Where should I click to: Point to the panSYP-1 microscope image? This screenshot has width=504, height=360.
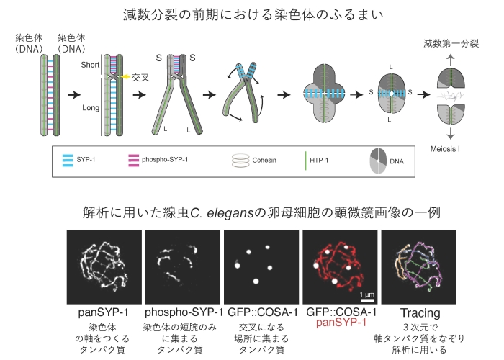click(104, 267)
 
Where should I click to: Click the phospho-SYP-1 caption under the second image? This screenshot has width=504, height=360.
click(182, 312)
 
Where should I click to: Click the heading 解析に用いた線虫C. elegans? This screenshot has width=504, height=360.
click(252, 213)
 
